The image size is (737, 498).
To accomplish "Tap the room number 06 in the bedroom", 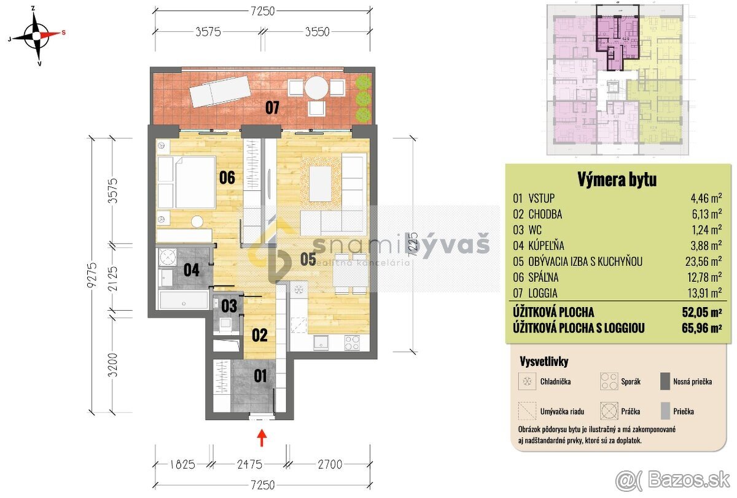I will click(227, 178).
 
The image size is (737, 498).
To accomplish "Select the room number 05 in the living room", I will click(308, 259).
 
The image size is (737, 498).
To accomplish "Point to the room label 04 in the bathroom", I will click(192, 270).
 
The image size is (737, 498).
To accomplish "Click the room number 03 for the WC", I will click(229, 305).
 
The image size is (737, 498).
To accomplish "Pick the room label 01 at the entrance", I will click(260, 375).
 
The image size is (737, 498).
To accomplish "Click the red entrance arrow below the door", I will click(262, 437).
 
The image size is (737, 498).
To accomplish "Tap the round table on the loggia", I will click(317, 87).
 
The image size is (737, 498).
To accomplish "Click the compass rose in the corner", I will click(37, 35).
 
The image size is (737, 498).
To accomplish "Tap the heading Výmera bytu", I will click(617, 179).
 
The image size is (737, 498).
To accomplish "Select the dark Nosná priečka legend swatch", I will click(664, 381).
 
